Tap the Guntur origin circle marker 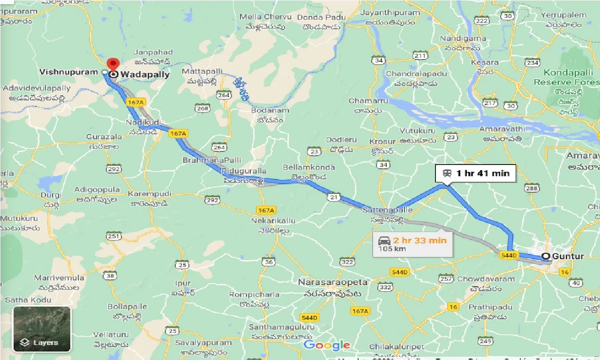[546, 256]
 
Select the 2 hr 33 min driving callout [413, 244]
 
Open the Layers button [42, 329]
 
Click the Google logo [327, 346]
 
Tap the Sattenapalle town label [387, 210]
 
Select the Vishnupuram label [69, 72]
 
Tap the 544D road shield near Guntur [508, 255]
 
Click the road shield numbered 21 [333, 198]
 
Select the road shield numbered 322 [347, 262]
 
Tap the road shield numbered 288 [532, 188]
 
